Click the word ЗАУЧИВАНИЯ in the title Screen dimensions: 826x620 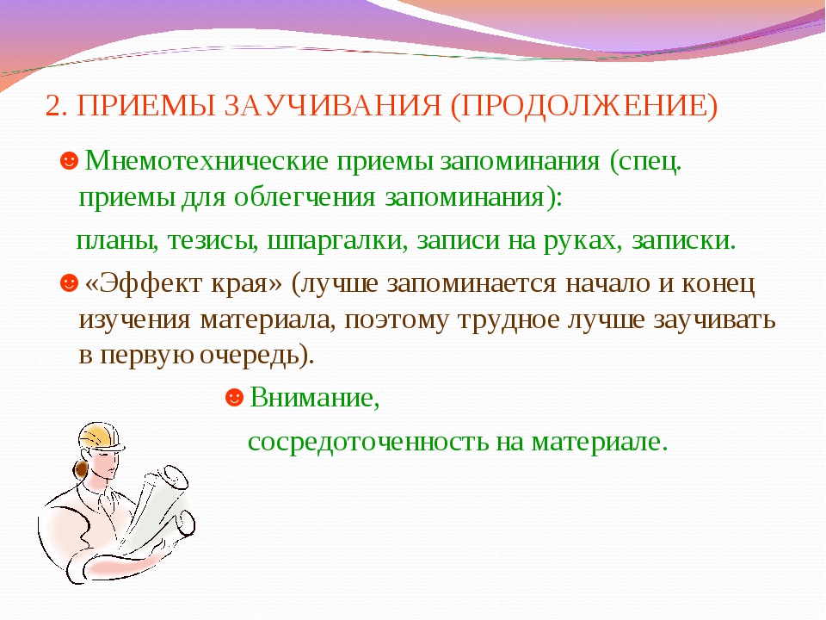[332, 105]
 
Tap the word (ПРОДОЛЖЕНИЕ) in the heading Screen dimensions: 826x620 [584, 107]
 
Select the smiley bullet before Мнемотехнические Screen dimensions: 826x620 [69, 161]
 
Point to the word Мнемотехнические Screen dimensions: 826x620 [206, 160]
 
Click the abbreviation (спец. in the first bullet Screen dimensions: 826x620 [646, 161]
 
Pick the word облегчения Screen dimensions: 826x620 [305, 198]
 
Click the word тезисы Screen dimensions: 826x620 [213, 241]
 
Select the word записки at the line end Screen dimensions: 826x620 [683, 241]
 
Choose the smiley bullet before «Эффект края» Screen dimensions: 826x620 [69, 282]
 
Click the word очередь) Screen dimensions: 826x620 [257, 356]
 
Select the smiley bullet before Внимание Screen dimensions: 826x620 [234, 397]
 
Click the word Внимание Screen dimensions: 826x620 [315, 397]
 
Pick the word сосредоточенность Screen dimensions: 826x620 [368, 442]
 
